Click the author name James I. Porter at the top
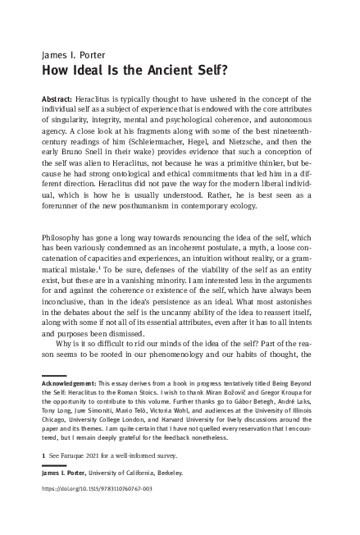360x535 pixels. [x=71, y=55]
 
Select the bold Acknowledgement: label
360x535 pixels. [x=69, y=383]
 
